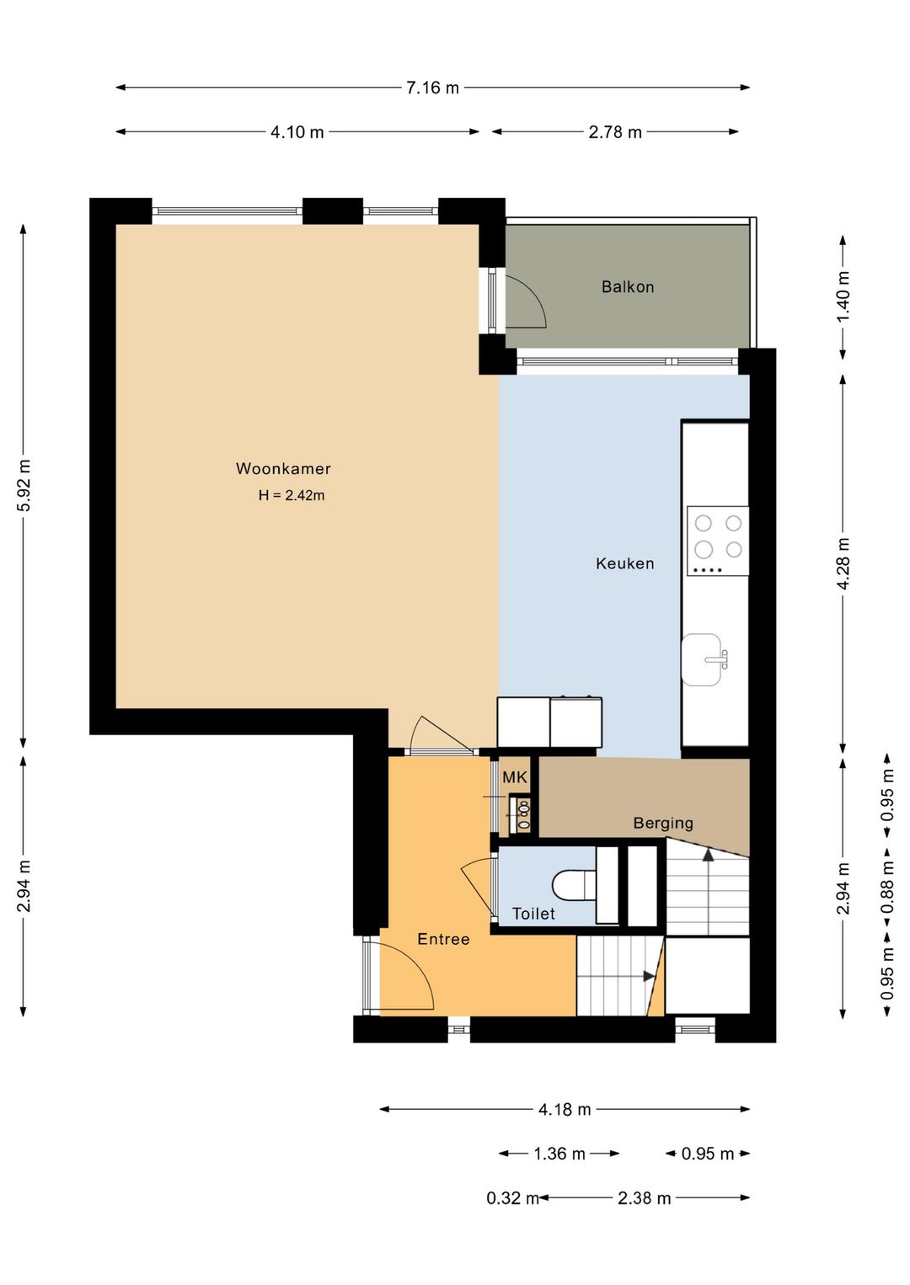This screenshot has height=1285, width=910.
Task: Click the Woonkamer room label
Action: click(x=283, y=469)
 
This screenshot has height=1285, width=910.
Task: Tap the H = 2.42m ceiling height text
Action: click(x=291, y=495)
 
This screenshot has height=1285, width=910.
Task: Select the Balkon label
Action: click(x=628, y=286)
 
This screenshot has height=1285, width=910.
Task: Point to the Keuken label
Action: click(x=624, y=563)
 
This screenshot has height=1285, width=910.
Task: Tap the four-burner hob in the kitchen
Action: click(x=718, y=541)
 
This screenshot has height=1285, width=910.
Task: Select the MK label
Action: click(x=515, y=777)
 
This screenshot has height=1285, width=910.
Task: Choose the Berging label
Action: click(x=663, y=824)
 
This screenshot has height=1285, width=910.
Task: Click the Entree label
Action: click(x=443, y=939)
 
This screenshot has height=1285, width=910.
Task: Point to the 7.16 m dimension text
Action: click(x=432, y=88)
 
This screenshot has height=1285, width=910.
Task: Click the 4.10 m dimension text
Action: click(x=297, y=132)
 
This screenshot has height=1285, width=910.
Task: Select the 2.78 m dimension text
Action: click(x=615, y=132)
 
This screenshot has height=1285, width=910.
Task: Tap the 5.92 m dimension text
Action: click(x=24, y=485)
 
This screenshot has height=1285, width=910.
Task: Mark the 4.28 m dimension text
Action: click(x=843, y=563)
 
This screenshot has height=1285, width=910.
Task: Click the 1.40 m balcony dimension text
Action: click(x=843, y=296)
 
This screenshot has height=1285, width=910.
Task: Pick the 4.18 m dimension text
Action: click(x=565, y=1110)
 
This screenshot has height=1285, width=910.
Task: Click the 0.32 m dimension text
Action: click(x=512, y=1197)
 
